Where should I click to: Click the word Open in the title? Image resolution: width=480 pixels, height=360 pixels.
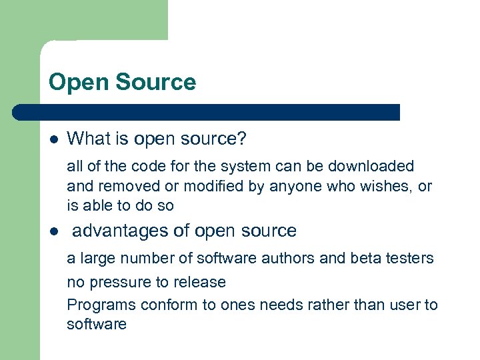click(x=73, y=83)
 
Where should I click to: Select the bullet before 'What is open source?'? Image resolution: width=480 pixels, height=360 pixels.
click(x=53, y=139)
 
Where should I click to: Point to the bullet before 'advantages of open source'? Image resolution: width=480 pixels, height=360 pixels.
click(x=53, y=232)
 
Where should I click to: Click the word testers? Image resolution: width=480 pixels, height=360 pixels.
click(x=407, y=258)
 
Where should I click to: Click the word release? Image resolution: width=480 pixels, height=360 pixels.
click(x=201, y=283)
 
